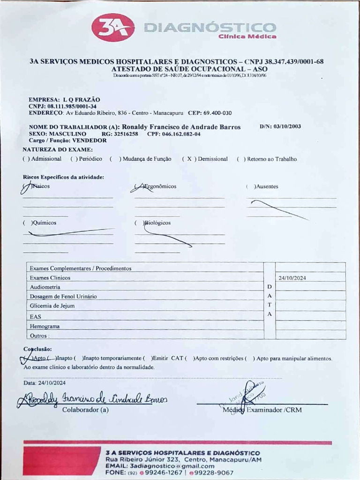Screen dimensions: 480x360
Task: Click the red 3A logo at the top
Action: click(113, 27)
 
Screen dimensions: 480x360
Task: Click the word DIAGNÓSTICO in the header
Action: click(210, 28)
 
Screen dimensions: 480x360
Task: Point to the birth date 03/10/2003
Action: click(287, 127)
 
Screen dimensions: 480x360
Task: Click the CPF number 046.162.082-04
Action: click(181, 134)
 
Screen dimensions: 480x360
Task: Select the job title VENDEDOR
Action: click(89, 140)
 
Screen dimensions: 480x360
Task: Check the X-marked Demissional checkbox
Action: click(189, 159)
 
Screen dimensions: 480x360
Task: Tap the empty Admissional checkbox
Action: click(26, 159)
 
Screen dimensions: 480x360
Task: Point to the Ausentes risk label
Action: click(266, 187)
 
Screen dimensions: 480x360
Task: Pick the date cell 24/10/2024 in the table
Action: click(292, 278)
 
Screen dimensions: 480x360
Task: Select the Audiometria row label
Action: click(45, 287)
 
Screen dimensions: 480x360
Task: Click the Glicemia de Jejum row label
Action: click(52, 306)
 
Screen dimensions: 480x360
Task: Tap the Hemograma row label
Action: click(45, 326)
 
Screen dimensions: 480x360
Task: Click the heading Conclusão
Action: click(37, 349)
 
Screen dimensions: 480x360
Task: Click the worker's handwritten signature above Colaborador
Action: click(91, 398)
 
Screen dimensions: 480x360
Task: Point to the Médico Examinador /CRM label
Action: click(262, 410)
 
